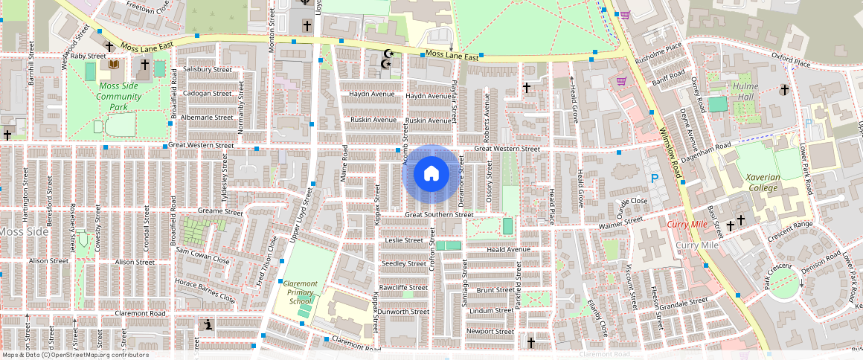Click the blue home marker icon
click(x=431, y=174)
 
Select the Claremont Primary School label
click(x=300, y=292)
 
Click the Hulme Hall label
click(x=745, y=90)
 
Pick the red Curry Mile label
click(x=687, y=224)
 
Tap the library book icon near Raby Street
click(x=114, y=65)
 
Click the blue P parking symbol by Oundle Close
click(x=655, y=179)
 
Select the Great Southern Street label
click(x=439, y=215)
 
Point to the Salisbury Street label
click(x=208, y=68)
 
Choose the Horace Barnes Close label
click(x=205, y=292)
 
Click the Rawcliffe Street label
click(x=404, y=287)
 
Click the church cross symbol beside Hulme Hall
click(x=784, y=90)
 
